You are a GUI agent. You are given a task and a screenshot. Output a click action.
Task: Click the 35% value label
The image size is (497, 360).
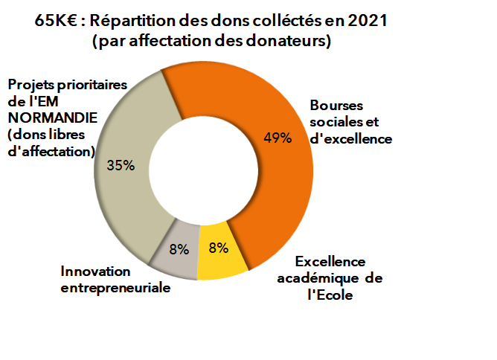point(121,165)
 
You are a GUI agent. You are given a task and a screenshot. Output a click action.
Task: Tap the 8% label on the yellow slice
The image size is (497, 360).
point(217,248)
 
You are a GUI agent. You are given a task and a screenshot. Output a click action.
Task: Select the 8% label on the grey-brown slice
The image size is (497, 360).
point(180,248)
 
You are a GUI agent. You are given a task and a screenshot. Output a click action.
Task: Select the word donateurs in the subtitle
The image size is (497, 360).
point(294,42)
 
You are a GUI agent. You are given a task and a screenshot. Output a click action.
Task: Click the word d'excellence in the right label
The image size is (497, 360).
point(349,138)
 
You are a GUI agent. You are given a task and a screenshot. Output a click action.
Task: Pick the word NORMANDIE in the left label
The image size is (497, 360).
point(44,118)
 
